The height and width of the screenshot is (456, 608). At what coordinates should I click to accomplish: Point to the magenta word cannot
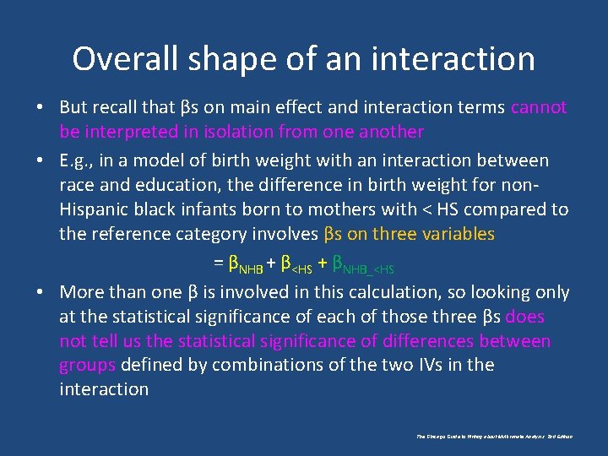539,107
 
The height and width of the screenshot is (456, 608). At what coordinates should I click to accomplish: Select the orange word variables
453,234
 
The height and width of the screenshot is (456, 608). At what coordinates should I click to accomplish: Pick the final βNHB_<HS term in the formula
363,265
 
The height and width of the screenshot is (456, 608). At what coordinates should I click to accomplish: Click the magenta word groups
87,365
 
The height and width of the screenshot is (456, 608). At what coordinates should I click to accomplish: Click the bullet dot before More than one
41,293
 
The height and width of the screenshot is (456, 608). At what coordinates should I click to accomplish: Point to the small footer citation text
495,437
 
